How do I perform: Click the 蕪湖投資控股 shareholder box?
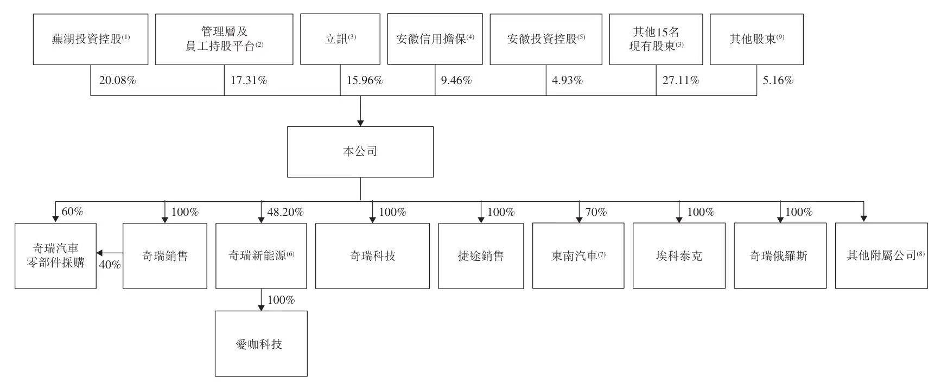pyautogui.click(x=91, y=40)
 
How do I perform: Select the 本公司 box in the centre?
pyautogui.click(x=360, y=152)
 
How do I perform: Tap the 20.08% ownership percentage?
pyautogui.click(x=117, y=81)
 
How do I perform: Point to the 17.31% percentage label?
pyautogui.click(x=249, y=81)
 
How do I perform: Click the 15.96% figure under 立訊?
pyautogui.click(x=365, y=81)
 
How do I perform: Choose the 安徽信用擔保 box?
pyautogui.click(x=435, y=39)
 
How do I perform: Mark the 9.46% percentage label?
pyautogui.click(x=456, y=81)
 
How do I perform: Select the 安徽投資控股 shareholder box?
pyautogui.click(x=546, y=40)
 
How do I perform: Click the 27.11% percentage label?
pyautogui.click(x=681, y=81)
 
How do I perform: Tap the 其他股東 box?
pyautogui.click(x=756, y=40)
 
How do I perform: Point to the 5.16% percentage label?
pyautogui.click(x=778, y=81)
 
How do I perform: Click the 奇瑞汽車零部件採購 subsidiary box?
pyautogui.click(x=55, y=256)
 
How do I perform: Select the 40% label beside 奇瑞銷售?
pyautogui.click(x=110, y=265)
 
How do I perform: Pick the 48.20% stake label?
pyautogui.click(x=285, y=212)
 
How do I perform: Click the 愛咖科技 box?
pyautogui.click(x=261, y=344)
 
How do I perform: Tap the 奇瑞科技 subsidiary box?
pyautogui.click(x=372, y=256)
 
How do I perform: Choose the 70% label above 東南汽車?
pyautogui.click(x=596, y=212)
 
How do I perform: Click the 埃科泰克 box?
pyautogui.click(x=679, y=256)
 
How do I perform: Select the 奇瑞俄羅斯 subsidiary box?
pyautogui.click(x=780, y=256)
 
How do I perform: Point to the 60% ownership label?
pyautogui.click(x=72, y=212)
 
